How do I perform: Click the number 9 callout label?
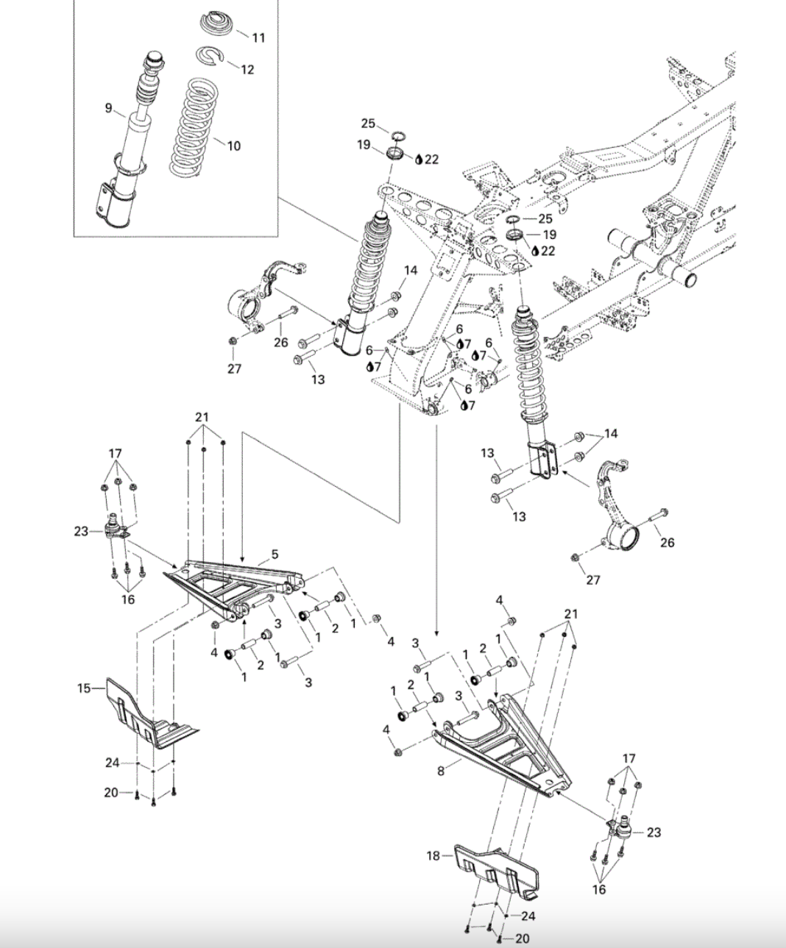tap(108, 109)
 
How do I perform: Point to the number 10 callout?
tap(233, 146)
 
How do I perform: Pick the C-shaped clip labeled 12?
tap(210, 55)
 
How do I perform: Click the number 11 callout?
tap(258, 38)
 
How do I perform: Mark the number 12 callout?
tap(247, 69)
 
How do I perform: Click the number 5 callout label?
tap(274, 554)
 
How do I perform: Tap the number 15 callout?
tap(84, 688)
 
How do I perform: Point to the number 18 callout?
tap(433, 856)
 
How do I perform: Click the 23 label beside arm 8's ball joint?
tap(654, 832)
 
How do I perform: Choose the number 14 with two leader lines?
tap(611, 433)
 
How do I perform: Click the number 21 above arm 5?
tap(202, 417)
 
